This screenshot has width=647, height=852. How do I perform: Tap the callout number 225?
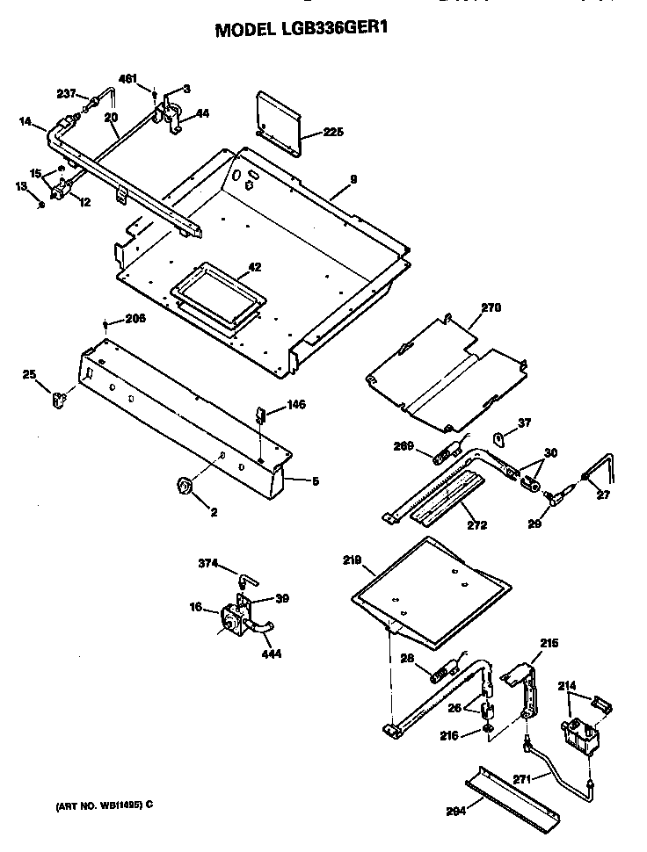(x=332, y=133)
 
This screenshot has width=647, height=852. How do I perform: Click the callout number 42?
(x=254, y=267)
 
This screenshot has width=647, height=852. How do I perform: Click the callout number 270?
(x=490, y=308)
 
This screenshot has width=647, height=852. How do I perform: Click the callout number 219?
(x=353, y=559)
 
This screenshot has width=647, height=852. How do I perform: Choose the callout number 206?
(x=134, y=319)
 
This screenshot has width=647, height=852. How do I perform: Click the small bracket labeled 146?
(x=261, y=413)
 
